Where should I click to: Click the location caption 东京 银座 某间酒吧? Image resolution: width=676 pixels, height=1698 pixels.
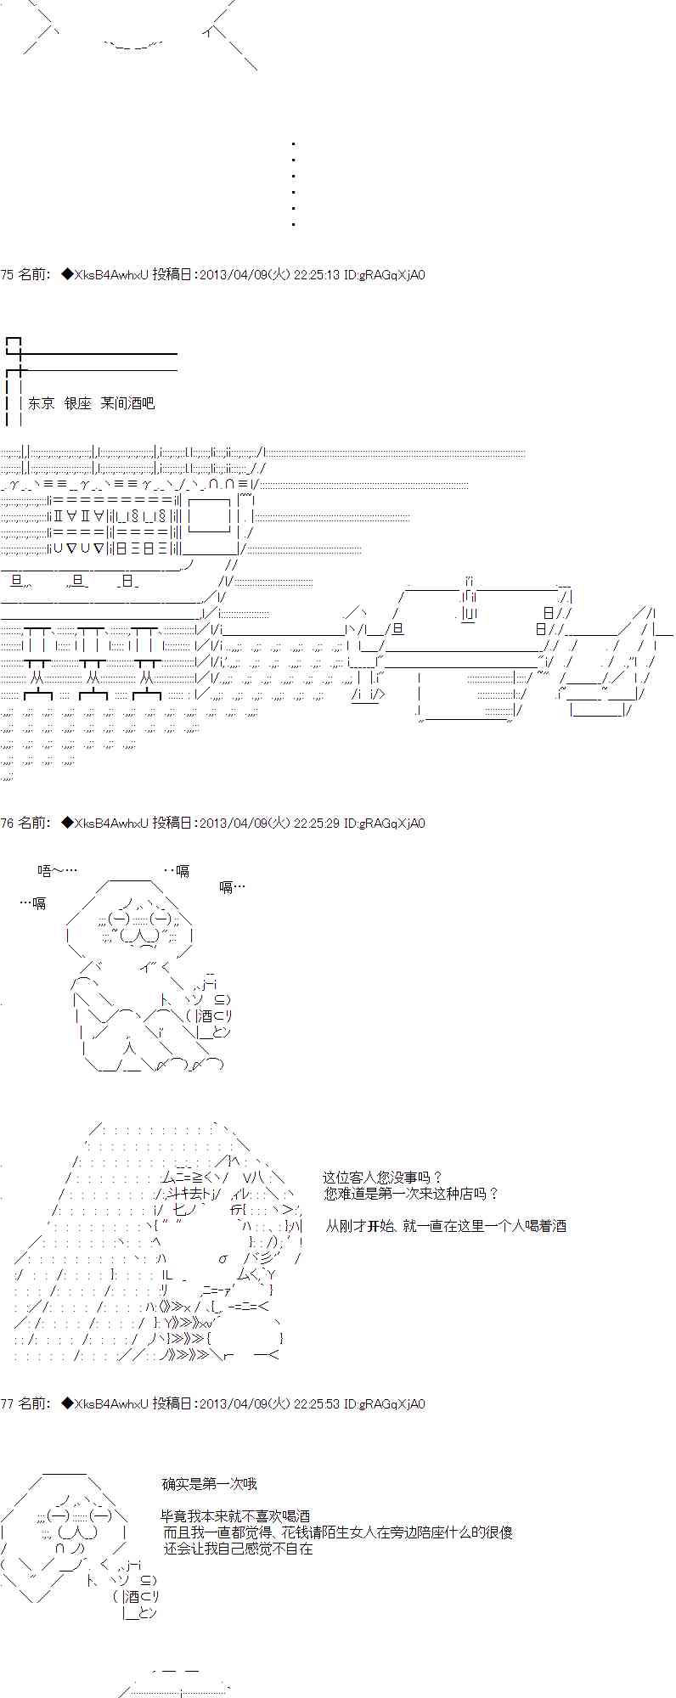click(x=91, y=403)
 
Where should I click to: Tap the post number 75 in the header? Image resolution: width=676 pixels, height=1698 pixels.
click(x=7, y=274)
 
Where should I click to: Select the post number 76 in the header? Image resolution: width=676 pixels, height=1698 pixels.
click(x=7, y=823)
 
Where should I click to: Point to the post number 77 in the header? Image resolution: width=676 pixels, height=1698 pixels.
click(x=7, y=1403)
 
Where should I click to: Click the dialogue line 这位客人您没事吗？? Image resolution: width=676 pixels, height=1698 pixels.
click(x=382, y=1178)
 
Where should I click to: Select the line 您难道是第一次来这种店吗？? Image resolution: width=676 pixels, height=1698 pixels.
click(x=411, y=1194)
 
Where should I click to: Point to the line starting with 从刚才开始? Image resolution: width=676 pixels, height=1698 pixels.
click(x=446, y=1226)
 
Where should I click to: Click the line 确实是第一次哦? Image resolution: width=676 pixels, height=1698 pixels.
click(x=209, y=1484)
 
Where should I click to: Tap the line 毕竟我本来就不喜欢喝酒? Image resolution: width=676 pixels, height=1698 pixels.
click(x=235, y=1516)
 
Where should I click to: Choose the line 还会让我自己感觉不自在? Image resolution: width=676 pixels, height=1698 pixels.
click(x=239, y=1549)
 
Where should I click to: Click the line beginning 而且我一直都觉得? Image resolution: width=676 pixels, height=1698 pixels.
click(x=338, y=1532)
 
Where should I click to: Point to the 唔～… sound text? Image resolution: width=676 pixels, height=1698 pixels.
click(x=58, y=871)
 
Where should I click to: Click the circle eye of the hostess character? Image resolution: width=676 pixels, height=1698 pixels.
click(x=223, y=1259)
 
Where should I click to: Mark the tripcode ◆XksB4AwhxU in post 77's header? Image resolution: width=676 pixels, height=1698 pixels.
click(x=105, y=1403)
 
